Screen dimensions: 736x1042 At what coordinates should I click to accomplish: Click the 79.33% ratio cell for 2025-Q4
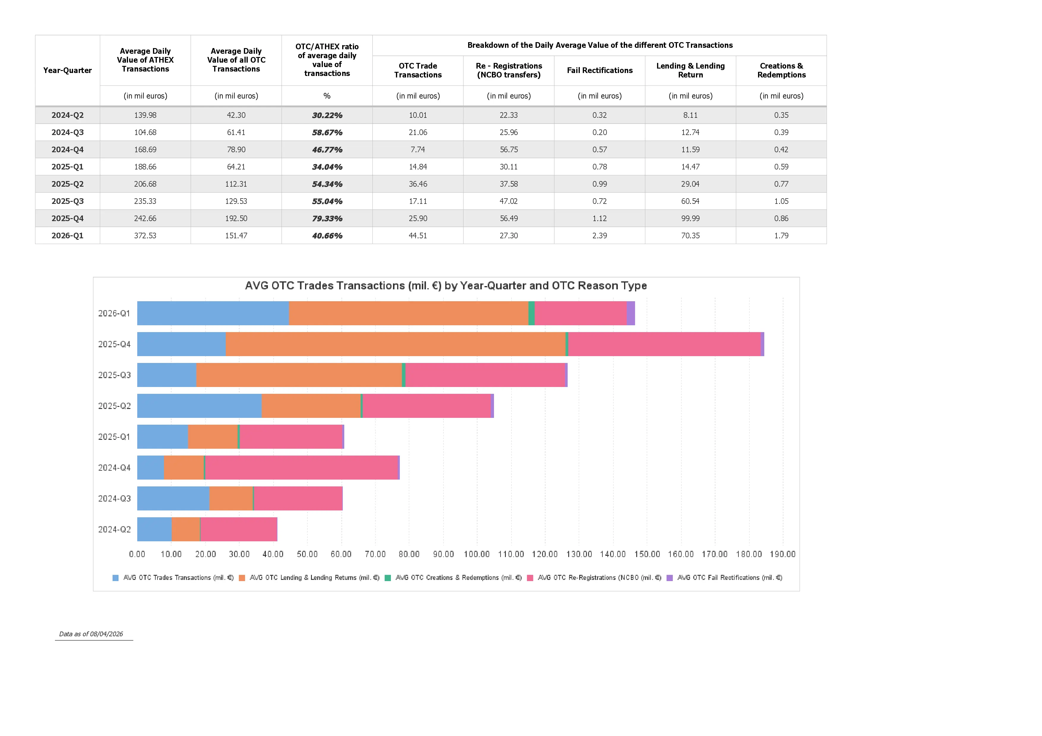click(327, 218)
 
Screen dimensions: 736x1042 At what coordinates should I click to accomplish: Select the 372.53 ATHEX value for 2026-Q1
click(145, 235)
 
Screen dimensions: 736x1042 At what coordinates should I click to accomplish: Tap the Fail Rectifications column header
click(599, 70)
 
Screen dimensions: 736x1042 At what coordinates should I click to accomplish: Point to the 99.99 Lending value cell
click(690, 218)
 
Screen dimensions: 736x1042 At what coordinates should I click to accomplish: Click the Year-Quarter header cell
click(67, 70)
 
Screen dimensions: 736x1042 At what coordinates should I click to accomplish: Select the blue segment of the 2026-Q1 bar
click(213, 313)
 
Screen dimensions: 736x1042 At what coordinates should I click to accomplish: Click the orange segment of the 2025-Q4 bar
click(395, 344)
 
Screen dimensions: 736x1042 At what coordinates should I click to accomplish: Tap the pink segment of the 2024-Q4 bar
click(301, 467)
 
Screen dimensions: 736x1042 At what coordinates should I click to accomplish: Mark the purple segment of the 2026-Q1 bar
click(631, 313)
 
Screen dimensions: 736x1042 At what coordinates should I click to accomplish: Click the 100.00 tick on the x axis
click(476, 554)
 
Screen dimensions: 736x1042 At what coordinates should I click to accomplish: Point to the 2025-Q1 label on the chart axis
click(114, 437)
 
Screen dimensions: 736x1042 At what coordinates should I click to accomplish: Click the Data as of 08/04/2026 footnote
click(91, 634)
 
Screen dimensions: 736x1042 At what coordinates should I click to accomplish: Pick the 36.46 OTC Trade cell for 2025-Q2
click(418, 184)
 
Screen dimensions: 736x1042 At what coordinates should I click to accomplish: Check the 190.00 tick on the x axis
click(782, 554)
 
